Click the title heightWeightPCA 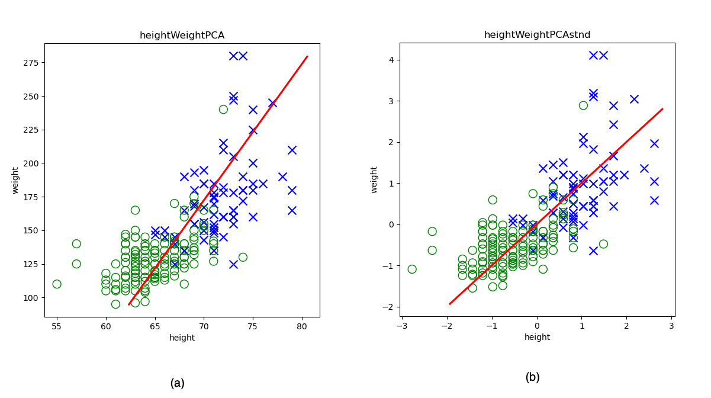182,36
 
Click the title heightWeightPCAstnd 537,35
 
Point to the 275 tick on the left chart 31,63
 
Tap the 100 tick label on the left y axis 31,297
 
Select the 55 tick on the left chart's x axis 57,326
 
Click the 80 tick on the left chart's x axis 302,326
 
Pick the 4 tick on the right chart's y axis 392,60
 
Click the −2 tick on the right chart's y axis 390,307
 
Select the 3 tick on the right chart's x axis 671,326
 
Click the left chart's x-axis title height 182,338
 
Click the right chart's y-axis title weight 374,179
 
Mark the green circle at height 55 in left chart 57,284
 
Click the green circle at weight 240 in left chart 223,109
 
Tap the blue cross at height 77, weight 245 272,103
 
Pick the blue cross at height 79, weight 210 292,150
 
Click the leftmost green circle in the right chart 412,269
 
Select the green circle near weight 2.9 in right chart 583,105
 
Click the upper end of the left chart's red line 307,56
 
